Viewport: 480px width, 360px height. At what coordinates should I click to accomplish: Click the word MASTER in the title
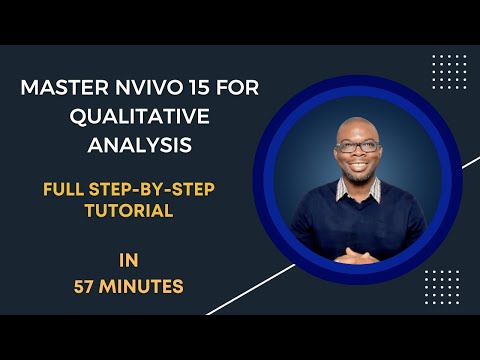click(x=61, y=88)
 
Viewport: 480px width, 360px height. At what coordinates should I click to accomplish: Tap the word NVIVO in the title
click(x=148, y=88)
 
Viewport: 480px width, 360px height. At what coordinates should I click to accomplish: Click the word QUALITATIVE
click(x=140, y=116)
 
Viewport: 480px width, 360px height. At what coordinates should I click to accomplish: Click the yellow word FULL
click(x=66, y=186)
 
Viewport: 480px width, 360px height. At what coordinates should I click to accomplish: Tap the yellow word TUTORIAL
click(x=129, y=210)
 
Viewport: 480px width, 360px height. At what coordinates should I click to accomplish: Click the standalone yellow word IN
click(x=129, y=260)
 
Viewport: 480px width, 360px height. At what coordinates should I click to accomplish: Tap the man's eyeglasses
click(x=358, y=146)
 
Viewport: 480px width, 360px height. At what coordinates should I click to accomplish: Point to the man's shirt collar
click(x=359, y=190)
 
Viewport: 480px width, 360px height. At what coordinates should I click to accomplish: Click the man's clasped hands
click(x=357, y=255)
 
